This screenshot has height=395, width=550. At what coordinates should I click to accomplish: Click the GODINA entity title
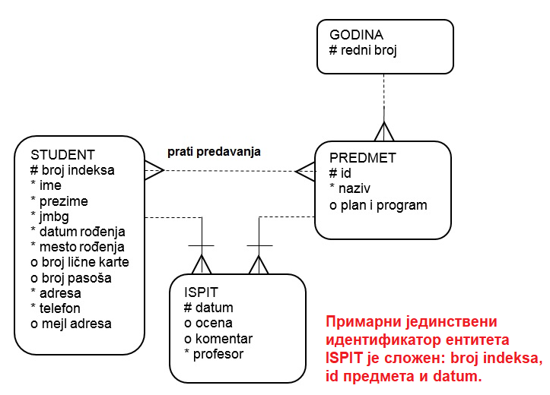pyautogui.click(x=356, y=35)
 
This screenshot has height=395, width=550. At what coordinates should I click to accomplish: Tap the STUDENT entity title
pyautogui.click(x=62, y=154)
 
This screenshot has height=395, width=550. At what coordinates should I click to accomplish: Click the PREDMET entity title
pyautogui.click(x=363, y=158)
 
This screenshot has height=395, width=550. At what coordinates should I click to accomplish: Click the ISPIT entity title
pyautogui.click(x=200, y=292)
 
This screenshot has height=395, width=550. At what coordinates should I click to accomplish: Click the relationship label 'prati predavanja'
pyautogui.click(x=215, y=151)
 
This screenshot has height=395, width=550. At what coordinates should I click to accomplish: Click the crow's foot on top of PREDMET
pyautogui.click(x=384, y=131)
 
